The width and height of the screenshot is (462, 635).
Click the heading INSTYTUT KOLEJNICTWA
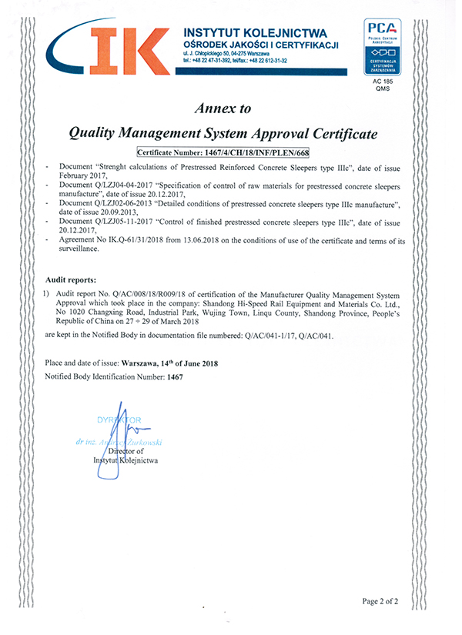pos(255,32)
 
